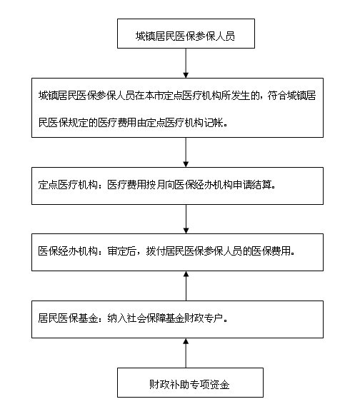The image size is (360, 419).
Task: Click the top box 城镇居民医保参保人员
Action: tap(186, 34)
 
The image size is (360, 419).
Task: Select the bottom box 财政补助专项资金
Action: tap(190, 383)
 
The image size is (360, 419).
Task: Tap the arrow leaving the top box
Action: tap(186, 63)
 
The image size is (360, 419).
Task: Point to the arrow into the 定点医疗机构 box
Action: tap(186, 152)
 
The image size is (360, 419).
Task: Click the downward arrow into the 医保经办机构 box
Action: tap(186, 219)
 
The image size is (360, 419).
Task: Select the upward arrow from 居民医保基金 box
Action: tap(186, 286)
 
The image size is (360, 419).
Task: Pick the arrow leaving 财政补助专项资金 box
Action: tap(186, 353)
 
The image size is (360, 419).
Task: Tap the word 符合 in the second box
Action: tap(277, 96)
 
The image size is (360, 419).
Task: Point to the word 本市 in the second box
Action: tap(154, 96)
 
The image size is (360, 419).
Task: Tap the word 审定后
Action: tap(121, 251)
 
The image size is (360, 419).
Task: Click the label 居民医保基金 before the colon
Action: tap(68, 318)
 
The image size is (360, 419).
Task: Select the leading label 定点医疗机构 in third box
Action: tap(68, 185)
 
